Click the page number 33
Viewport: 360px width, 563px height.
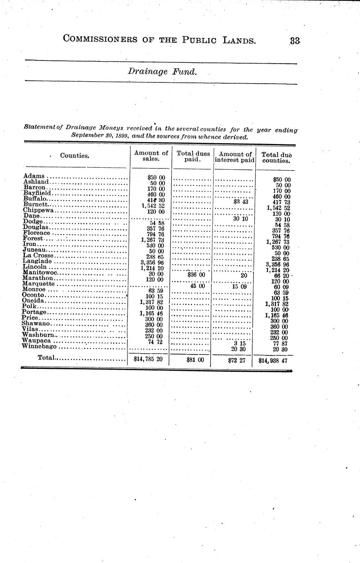[295, 41]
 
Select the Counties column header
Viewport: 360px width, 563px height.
[75, 155]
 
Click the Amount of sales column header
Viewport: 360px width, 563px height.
[151, 156]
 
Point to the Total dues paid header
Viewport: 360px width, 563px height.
[193, 157]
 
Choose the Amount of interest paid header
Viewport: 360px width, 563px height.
[235, 157]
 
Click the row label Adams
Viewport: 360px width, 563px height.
[34, 176]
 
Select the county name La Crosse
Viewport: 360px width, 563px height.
[38, 256]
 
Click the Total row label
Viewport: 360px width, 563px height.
[47, 358]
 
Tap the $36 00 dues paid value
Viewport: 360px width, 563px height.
[196, 275]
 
